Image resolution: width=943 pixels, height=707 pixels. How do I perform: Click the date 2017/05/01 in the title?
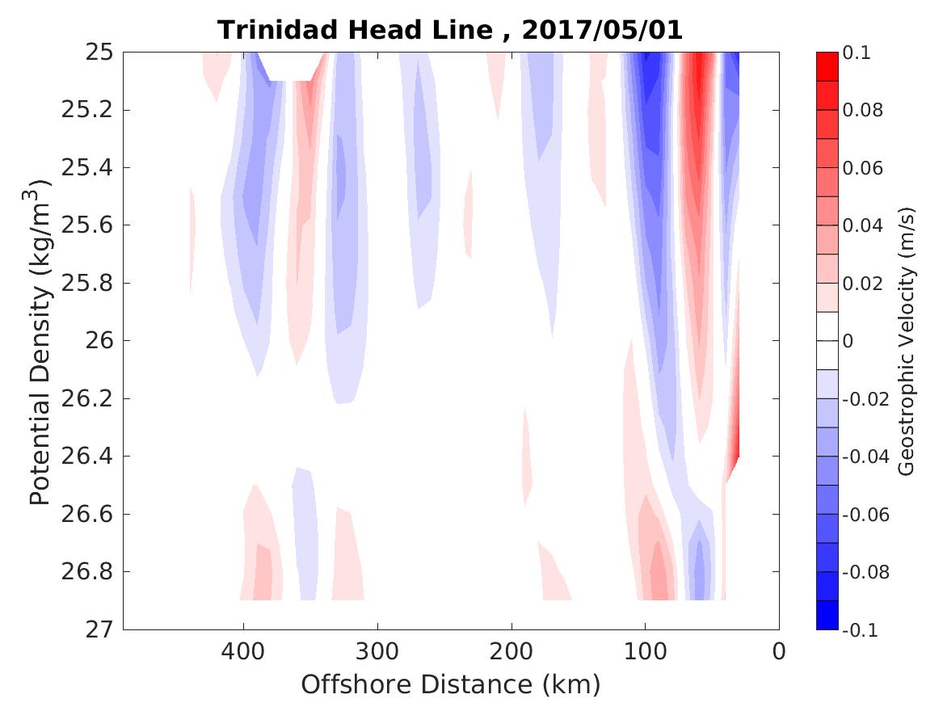pos(602,30)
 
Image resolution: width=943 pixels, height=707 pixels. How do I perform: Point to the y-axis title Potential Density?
pos(40,341)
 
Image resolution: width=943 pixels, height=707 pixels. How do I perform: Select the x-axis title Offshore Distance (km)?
pos(451,684)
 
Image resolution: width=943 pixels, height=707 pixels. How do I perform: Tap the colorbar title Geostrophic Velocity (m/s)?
pos(907,341)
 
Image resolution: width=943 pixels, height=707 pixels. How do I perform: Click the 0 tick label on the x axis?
pos(779,650)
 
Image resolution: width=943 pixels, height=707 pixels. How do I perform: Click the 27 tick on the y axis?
pos(100,629)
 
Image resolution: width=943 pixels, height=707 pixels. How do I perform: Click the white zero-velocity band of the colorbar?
pos(827,341)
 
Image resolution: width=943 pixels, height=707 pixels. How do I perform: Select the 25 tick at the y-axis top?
pos(100,53)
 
